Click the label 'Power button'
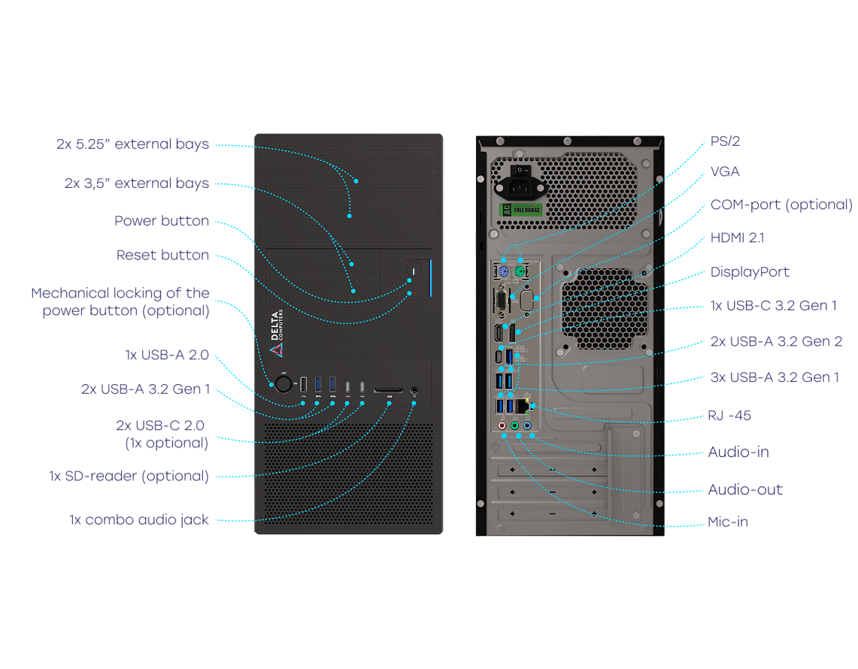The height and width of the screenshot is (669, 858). point(162,221)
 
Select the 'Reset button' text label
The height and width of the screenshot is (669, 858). point(162,255)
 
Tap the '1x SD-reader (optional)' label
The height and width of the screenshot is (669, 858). point(129,476)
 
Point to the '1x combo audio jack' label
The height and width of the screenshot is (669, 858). point(139,519)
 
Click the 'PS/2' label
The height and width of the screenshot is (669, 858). point(725,141)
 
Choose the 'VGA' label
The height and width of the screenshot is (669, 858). point(725,172)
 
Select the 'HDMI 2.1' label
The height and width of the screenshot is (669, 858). point(737,238)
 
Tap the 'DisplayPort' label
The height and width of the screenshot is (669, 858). point(750,272)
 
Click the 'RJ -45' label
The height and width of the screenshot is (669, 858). point(729,416)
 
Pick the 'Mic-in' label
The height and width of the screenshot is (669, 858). point(728,522)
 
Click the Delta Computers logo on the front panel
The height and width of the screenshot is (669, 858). point(277,333)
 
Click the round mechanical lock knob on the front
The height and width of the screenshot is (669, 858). point(283,384)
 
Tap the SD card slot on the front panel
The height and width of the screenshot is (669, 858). point(389,391)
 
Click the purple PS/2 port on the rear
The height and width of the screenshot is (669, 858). point(504,272)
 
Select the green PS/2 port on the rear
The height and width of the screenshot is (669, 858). point(520,272)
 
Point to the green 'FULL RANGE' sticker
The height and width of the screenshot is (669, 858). point(520,210)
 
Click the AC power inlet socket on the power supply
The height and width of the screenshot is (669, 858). point(520,188)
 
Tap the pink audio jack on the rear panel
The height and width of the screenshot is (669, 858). point(502,425)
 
